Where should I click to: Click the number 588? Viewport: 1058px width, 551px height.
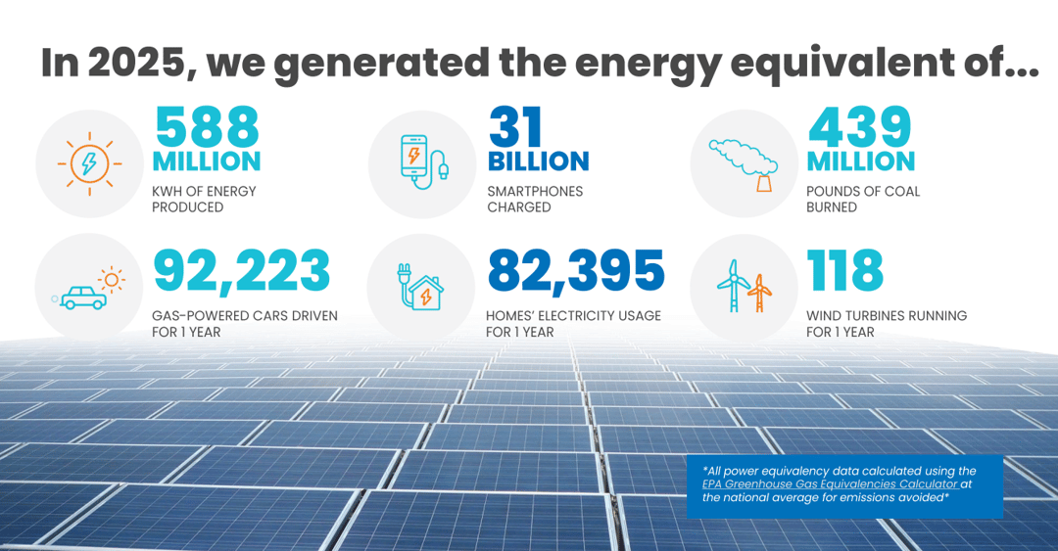click(x=207, y=126)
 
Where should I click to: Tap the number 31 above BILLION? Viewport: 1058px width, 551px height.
click(x=516, y=126)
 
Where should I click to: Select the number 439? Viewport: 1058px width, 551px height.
click(x=859, y=126)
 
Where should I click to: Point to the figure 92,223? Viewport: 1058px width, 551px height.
click(x=242, y=271)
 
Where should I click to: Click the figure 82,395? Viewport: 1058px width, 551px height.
click(x=576, y=271)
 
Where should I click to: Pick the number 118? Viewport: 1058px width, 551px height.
click(x=844, y=271)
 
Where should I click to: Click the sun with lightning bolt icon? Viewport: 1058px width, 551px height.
click(x=89, y=163)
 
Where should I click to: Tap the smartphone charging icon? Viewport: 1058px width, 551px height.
click(x=422, y=163)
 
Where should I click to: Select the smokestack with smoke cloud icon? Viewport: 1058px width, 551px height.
click(x=744, y=163)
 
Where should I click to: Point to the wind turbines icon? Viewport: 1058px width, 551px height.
click(x=744, y=286)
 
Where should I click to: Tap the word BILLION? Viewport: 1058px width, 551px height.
click(x=538, y=161)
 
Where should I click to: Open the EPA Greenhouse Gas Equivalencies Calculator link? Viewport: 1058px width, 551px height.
click(x=829, y=483)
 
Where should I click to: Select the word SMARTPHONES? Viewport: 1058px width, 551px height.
click(x=535, y=191)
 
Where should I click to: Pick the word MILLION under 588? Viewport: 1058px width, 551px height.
click(x=207, y=161)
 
